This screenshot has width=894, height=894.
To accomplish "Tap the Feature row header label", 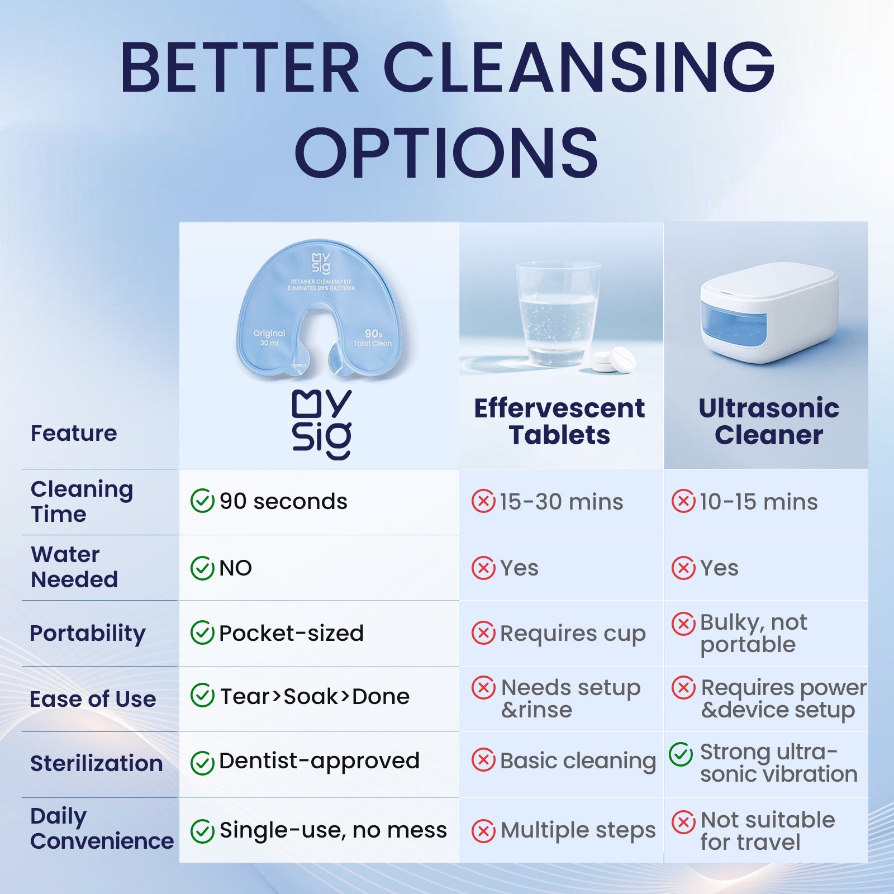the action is click(74, 434).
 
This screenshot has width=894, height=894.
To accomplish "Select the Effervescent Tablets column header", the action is click(559, 421).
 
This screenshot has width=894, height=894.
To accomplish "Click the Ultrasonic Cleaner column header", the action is click(769, 421).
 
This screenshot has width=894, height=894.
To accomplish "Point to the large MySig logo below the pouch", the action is click(322, 425).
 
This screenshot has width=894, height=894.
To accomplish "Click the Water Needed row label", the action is click(74, 567).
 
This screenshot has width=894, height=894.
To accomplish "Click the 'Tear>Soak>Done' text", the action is click(315, 696).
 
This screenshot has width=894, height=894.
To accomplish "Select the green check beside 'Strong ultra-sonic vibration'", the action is click(681, 754).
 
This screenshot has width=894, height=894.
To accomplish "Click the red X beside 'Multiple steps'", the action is click(483, 831).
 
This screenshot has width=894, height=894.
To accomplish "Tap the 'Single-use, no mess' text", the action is click(333, 830).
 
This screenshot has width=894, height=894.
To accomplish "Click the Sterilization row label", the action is click(96, 763).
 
